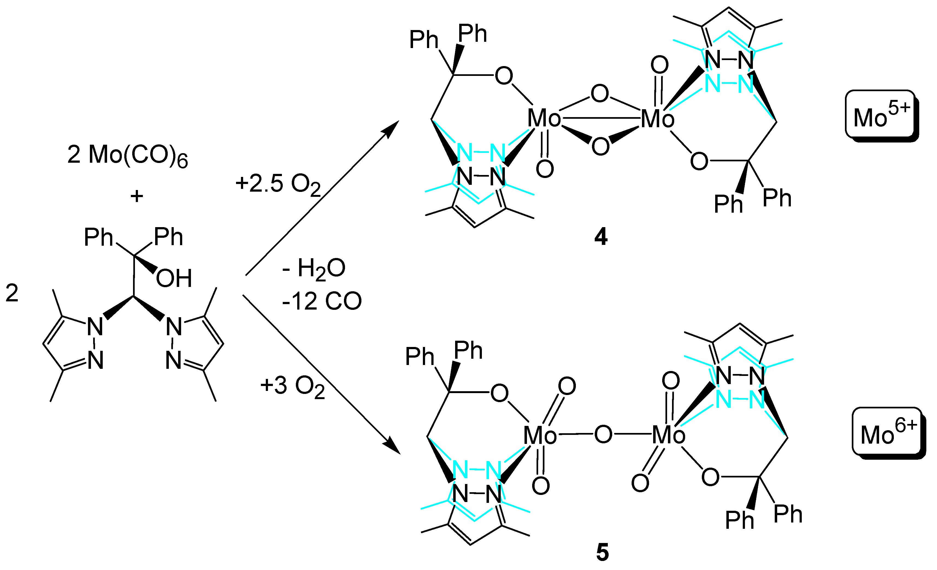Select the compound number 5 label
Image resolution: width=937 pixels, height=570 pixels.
click(x=602, y=553)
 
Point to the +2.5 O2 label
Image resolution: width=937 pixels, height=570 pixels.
click(x=278, y=184)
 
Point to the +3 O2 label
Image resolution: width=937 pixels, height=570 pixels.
click(x=292, y=386)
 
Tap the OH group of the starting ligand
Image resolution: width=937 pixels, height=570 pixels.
click(x=174, y=278)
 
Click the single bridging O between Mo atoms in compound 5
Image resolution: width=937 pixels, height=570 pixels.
click(x=603, y=434)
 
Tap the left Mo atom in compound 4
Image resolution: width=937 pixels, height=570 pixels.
click(x=544, y=118)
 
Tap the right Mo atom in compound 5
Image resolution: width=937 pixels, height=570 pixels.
click(x=668, y=435)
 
